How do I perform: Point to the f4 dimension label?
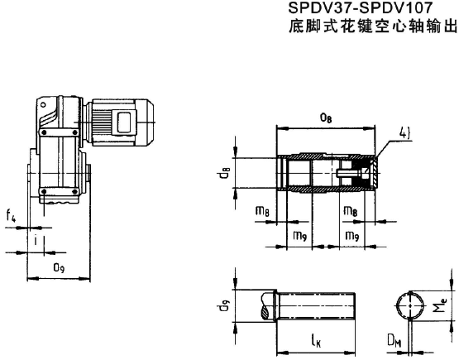click(11, 218)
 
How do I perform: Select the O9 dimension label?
click(59, 267)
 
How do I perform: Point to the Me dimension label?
click(444, 306)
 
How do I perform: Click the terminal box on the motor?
click(125, 121)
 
